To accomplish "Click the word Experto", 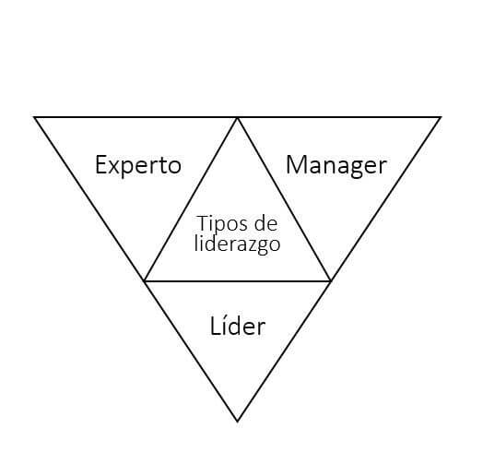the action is (x=138, y=166).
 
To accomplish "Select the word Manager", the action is (x=336, y=166).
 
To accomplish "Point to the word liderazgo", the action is (x=238, y=244).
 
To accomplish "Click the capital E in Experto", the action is (x=101, y=164).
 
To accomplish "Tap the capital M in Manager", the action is (x=296, y=164).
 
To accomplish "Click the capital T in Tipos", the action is (x=203, y=223).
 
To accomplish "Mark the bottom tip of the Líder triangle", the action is (x=237, y=422).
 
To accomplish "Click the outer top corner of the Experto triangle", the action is (x=34, y=117).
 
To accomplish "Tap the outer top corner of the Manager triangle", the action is (x=441, y=117).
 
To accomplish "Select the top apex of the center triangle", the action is (x=238, y=118).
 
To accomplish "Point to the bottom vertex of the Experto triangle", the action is (x=145, y=280).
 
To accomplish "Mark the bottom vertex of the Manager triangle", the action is (x=331, y=280).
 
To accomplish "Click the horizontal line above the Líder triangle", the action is (x=238, y=281).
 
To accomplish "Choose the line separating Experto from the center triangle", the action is (x=191, y=199).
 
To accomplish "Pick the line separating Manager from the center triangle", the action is (x=284, y=199).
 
